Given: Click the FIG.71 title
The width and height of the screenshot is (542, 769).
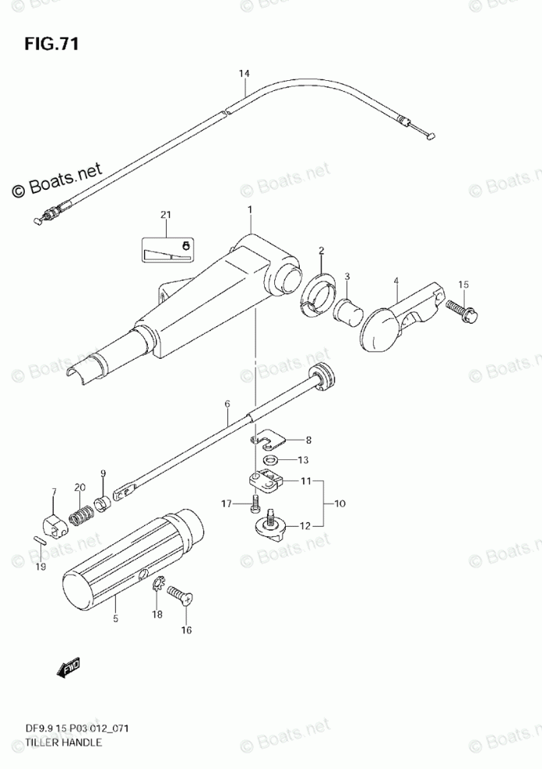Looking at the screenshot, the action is [51, 42].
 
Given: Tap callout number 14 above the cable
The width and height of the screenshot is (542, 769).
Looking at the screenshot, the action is [244, 74].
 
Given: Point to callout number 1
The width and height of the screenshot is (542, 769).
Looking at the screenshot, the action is [250, 210].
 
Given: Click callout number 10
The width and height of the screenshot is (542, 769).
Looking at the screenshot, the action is [340, 504].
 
